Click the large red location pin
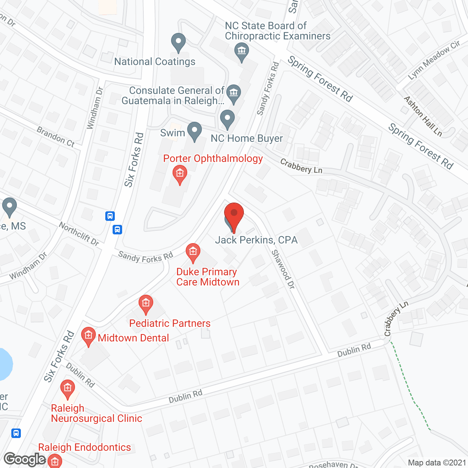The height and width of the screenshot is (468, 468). tap(234, 216)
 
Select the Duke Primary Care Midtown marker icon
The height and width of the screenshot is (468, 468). tap(193, 252)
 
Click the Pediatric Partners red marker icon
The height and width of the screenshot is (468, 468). tap(146, 304)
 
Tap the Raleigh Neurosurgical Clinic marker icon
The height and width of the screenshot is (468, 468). tap(67, 389)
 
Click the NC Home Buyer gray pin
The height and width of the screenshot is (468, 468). tap(227, 119)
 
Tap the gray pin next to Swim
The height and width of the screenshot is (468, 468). tap(195, 131)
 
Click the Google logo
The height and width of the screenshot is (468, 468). tap(25, 459)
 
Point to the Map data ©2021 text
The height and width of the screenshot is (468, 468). tap(437, 463)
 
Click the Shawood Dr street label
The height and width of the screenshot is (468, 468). tap(283, 269)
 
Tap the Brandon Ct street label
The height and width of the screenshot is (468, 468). tap(56, 137)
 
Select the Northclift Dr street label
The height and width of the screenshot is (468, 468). tap(79, 234)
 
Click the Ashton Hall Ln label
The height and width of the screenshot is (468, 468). tap(423, 116)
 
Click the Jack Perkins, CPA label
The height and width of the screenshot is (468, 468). tap(256, 240)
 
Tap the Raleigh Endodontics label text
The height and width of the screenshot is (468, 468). tap(84, 447)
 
